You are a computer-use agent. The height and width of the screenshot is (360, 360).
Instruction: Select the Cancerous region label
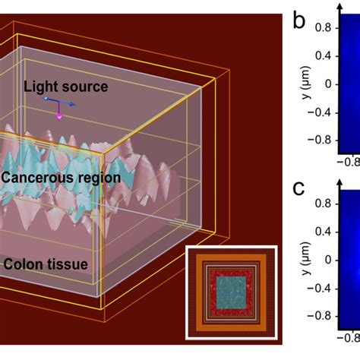point(61,178)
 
